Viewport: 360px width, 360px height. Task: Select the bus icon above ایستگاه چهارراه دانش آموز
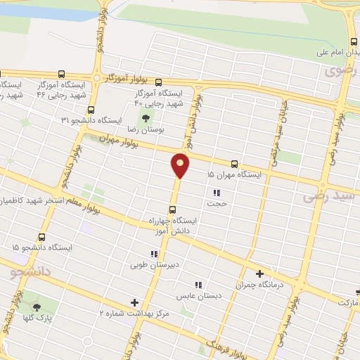pos(172,210)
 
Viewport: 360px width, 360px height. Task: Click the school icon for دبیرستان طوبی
pos(153,255)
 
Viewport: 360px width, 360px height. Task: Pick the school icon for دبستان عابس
pos(198,285)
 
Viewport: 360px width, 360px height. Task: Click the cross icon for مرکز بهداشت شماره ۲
pos(134,302)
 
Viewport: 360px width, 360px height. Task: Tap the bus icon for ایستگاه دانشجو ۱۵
pos(42,238)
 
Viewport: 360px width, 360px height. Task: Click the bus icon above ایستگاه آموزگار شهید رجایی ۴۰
pos(158,82)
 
